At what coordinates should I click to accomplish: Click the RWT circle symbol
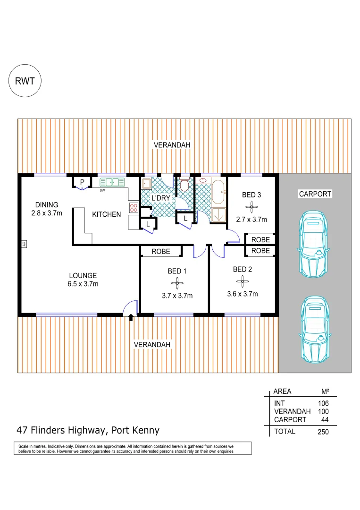tap(25, 80)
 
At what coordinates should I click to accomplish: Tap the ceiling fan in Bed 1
tap(177, 283)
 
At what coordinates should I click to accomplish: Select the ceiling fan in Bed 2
tap(243, 282)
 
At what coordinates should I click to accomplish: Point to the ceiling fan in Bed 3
tap(251, 206)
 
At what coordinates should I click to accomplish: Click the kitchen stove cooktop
tap(134, 208)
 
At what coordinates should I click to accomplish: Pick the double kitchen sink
tap(112, 182)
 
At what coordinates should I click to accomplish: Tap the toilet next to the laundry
tap(184, 185)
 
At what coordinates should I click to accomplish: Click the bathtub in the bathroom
tap(218, 192)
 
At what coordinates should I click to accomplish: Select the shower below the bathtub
tap(218, 214)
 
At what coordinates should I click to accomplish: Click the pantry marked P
tap(82, 182)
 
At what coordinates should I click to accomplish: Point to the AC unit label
tap(23, 244)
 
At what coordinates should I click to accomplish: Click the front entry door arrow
tap(131, 319)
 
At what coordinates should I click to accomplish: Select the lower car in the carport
tap(314, 329)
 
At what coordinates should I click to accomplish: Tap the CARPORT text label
tap(315, 194)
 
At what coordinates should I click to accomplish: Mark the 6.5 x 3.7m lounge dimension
tap(83, 284)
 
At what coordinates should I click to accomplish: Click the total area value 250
tap(323, 431)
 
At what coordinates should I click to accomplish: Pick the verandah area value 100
tap(323, 412)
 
